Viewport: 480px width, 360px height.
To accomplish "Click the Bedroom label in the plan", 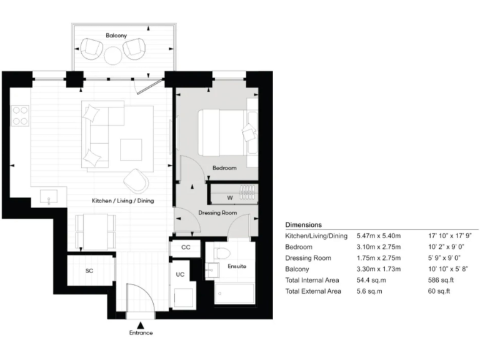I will [x=224, y=168].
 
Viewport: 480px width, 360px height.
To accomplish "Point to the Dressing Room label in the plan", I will [x=217, y=212].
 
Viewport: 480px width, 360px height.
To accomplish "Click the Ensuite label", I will [x=237, y=266].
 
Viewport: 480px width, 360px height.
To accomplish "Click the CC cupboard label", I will [x=186, y=247].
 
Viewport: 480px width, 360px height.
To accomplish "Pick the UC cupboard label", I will [x=179, y=274].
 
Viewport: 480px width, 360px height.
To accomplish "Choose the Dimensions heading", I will [x=303, y=224].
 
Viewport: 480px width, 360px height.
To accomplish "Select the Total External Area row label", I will [x=313, y=292].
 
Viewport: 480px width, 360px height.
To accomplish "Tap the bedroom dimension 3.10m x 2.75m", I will [x=379, y=246].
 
